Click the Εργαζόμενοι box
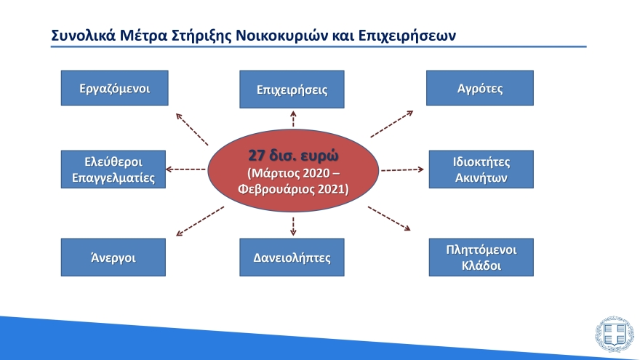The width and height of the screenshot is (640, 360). (114, 88)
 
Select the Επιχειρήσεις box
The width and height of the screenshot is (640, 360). (292, 90)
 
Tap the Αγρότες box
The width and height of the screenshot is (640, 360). (480, 88)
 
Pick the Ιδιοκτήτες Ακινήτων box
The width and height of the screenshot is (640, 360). (480, 169)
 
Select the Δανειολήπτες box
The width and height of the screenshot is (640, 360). (292, 257)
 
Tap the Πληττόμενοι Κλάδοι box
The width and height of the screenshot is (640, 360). (480, 257)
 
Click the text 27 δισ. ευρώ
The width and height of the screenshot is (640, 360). (293, 155)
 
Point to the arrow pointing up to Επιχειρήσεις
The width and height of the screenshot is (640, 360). (293, 119)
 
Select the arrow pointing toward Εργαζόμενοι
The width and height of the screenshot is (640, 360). (192, 128)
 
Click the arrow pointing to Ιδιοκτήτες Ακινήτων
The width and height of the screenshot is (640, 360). (402, 169)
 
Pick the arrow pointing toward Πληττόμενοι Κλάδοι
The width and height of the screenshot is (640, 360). (390, 219)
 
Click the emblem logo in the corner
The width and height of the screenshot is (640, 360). (614, 335)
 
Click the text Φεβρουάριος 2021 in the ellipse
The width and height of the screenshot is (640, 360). (293, 189)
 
